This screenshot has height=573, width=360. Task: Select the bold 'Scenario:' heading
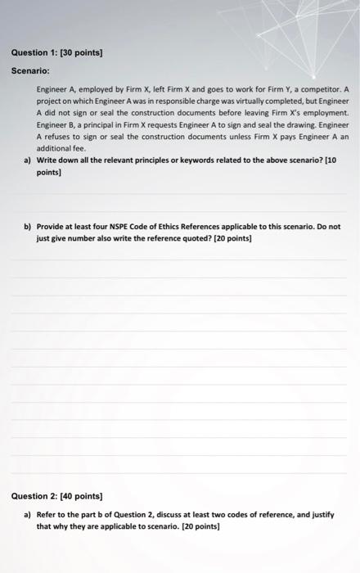click(x=31, y=70)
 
